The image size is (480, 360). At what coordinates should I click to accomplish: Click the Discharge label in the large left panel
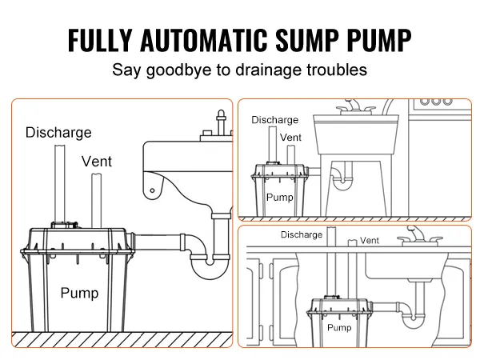click(x=58, y=132)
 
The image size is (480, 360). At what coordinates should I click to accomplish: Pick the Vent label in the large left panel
click(x=97, y=162)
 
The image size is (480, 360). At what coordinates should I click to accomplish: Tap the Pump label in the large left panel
click(x=79, y=294)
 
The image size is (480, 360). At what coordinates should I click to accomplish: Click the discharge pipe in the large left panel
click(x=58, y=184)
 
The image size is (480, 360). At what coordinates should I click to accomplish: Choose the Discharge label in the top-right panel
click(x=274, y=120)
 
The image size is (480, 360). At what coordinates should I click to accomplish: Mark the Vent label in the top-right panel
click(x=291, y=138)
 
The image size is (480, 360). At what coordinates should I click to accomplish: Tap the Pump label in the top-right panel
click(x=279, y=196)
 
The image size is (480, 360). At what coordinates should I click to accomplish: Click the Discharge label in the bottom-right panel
click(x=302, y=235)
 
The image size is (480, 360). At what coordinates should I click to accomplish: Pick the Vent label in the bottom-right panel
click(x=370, y=240)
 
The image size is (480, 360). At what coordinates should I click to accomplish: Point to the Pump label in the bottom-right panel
click(x=338, y=328)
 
